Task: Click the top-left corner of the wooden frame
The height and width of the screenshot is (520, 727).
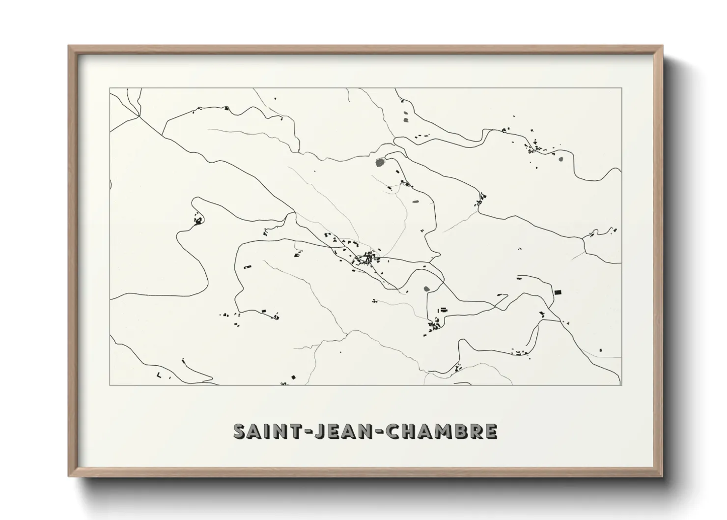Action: [x=69, y=46]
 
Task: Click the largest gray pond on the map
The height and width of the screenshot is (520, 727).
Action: [x=380, y=162]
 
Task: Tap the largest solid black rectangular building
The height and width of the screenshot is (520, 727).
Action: [x=558, y=292]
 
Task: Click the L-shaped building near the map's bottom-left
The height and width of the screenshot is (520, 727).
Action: [x=159, y=376]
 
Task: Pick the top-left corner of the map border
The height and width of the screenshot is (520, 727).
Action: [x=110, y=88]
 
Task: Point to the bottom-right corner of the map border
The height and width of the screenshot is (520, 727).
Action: [x=621, y=385]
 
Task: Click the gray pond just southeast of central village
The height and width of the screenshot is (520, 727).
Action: [x=426, y=289]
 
